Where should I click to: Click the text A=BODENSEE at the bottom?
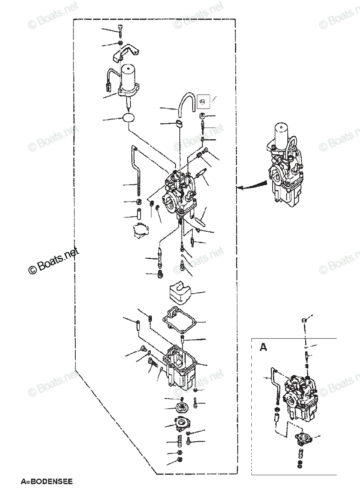coord(47,482)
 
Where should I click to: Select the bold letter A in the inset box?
coord(263,347)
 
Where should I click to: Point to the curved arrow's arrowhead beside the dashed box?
coord(240,189)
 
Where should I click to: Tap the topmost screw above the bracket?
coord(120,30)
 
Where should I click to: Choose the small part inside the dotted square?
coord(203,100)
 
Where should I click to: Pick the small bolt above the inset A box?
coord(304,320)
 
